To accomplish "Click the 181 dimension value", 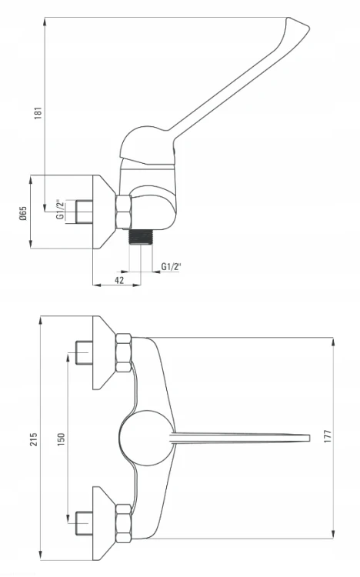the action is tap(38, 112).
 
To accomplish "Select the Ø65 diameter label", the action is tap(23, 213).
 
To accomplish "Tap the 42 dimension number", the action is tap(119, 280).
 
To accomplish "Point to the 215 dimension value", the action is tap(34, 439).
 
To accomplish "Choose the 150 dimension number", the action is tap(61, 439).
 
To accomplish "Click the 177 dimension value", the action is tap(328, 436).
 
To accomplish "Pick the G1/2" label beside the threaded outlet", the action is tap(172, 266).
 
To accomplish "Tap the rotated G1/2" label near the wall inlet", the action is tap(60, 210).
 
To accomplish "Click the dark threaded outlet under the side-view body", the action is tap(141, 237).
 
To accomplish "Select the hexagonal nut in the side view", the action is tap(123, 212).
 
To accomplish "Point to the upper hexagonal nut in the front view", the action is tap(123, 353).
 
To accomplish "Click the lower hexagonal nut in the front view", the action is tap(123, 523).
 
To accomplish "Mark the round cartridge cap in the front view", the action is tap(146, 438).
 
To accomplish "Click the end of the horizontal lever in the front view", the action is tap(308, 438).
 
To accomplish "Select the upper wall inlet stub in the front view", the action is tap(84, 353).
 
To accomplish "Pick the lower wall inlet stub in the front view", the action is tap(84, 523).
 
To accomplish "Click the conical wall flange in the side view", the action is tap(105, 212).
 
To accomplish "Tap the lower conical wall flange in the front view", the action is tap(105, 523).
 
